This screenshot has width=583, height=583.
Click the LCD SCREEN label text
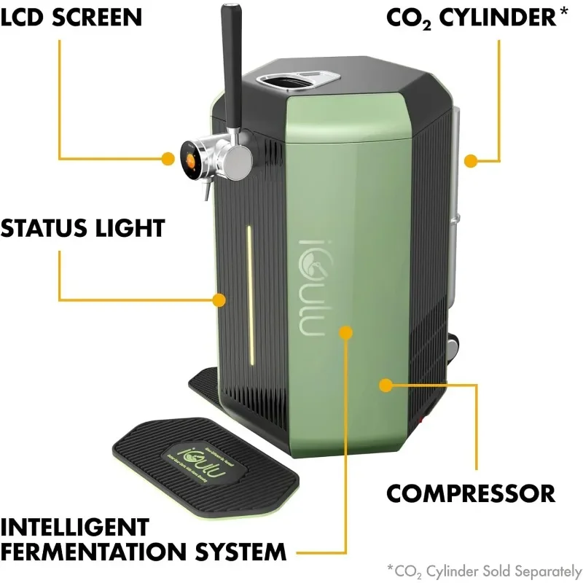(x=71, y=16)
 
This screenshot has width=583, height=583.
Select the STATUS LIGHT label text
(x=82, y=227)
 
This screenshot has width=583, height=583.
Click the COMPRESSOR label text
(x=470, y=493)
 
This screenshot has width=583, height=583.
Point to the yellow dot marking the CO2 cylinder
(x=471, y=160)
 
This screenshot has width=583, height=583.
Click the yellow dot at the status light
(x=219, y=299)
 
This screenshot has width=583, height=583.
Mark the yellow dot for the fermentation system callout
(x=345, y=333)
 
